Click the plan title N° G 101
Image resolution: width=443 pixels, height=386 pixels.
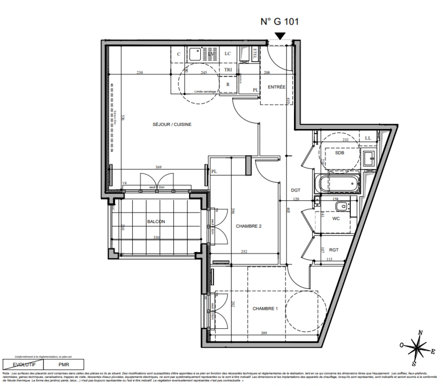(x=279, y=21)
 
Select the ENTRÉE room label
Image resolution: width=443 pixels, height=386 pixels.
(x=276, y=87)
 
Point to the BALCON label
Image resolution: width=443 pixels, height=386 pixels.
(x=156, y=222)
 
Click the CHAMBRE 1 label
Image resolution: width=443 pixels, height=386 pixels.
(x=265, y=308)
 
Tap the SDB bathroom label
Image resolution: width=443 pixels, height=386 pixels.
(x=340, y=153)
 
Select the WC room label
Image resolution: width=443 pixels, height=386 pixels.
(x=336, y=218)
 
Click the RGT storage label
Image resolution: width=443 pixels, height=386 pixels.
(x=333, y=250)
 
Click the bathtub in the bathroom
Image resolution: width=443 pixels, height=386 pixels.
(x=338, y=184)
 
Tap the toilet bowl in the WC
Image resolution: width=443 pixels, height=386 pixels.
(x=342, y=206)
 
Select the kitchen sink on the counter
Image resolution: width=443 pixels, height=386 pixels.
(x=196, y=54)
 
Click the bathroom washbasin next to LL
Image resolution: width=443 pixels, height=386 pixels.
(x=369, y=159)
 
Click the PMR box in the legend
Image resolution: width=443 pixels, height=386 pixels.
(x=64, y=365)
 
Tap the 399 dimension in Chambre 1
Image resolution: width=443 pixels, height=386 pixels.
(x=264, y=333)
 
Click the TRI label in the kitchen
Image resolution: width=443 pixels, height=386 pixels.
(x=228, y=70)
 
